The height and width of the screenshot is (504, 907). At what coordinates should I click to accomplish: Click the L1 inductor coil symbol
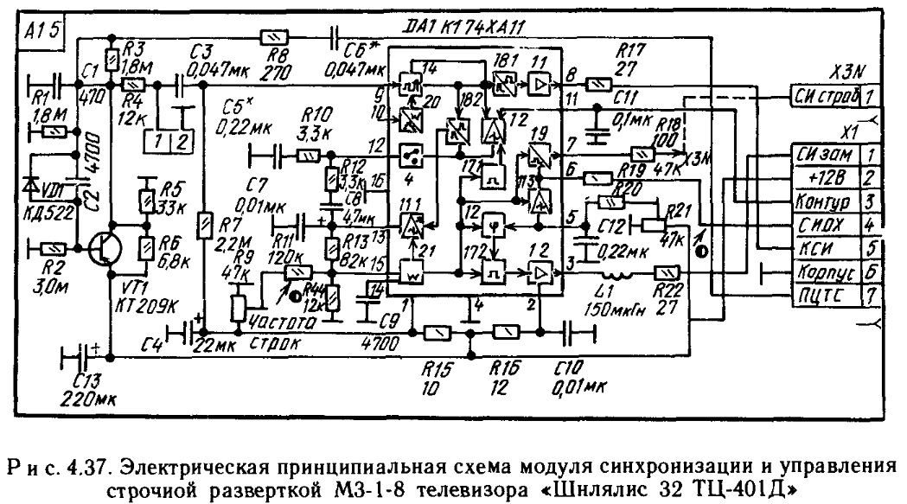click(x=620, y=278)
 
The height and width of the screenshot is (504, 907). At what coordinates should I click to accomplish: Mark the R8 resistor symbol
click(x=273, y=37)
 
